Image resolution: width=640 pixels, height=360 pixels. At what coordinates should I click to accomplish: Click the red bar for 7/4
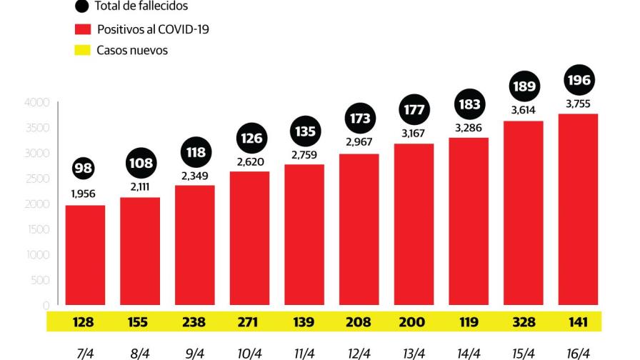pyautogui.click(x=85, y=257)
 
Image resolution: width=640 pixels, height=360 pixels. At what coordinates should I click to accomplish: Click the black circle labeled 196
pyautogui.click(x=578, y=80)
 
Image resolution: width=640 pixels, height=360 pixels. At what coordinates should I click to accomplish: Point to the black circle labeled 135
pyautogui.click(x=304, y=131)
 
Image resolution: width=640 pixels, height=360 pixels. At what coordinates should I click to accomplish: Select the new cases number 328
pyautogui.click(x=524, y=322)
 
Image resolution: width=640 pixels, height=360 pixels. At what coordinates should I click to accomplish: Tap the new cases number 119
pyautogui.click(x=469, y=322)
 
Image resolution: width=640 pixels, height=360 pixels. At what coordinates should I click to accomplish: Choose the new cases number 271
pyautogui.click(x=250, y=322)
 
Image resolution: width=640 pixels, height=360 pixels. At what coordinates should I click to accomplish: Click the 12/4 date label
pyautogui.click(x=359, y=352)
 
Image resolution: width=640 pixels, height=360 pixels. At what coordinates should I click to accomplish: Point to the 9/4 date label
pyautogui.click(x=194, y=352)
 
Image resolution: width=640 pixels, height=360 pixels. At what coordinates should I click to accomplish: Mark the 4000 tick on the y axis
pyautogui.click(x=39, y=103)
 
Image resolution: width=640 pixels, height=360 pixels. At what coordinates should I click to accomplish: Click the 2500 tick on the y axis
pyautogui.click(x=39, y=179)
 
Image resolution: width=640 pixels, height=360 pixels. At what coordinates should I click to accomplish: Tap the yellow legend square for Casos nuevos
pyautogui.click(x=83, y=51)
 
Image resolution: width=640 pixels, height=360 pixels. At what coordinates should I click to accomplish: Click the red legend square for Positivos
pyautogui.click(x=83, y=29)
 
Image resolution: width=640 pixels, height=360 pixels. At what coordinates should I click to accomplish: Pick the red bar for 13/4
pyautogui.click(x=414, y=224)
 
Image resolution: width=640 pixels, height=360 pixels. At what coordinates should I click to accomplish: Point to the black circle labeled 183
pyautogui.click(x=469, y=104)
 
